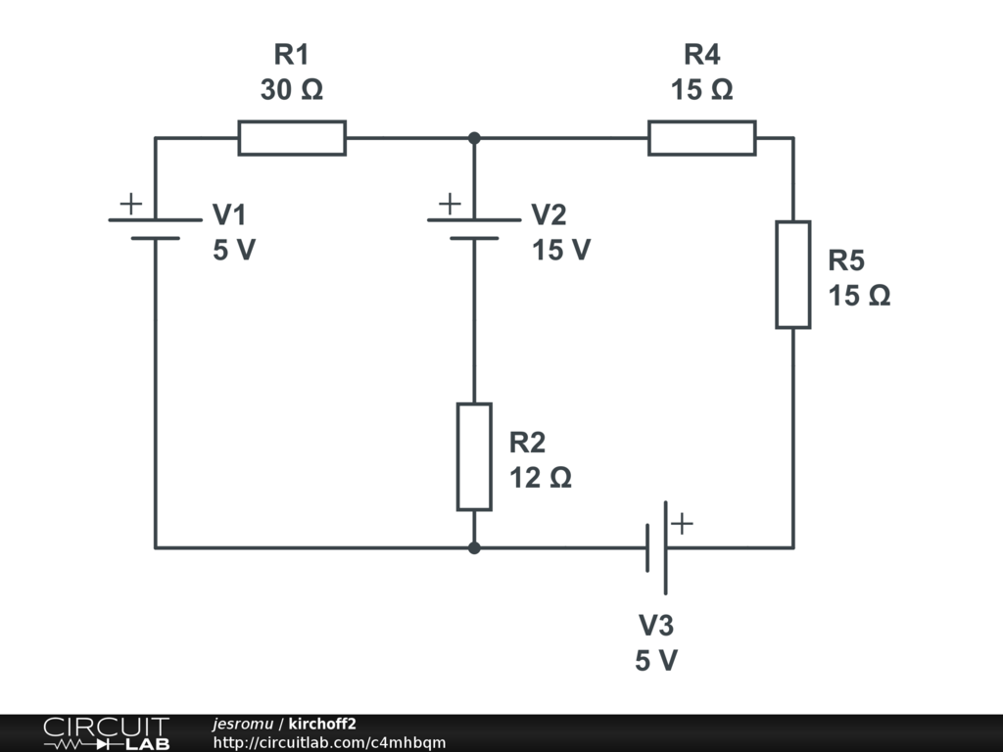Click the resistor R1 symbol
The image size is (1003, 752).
click(x=292, y=138)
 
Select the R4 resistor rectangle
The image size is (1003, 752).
click(x=701, y=138)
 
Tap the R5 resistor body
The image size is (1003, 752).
click(x=793, y=275)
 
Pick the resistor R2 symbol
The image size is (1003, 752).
click(x=474, y=457)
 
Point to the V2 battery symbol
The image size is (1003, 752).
click(x=474, y=229)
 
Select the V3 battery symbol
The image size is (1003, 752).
click(x=656, y=547)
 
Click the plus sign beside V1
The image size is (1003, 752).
click(x=130, y=204)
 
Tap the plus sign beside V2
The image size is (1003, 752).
click(x=450, y=204)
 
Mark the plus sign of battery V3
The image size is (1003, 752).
click(x=682, y=523)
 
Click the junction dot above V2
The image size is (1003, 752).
click(x=474, y=138)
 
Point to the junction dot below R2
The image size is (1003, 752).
click(x=474, y=547)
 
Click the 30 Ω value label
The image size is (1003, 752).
click(x=292, y=90)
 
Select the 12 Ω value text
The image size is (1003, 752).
click(x=540, y=478)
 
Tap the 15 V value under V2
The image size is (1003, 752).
click(x=561, y=251)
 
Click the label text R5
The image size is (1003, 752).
click(x=846, y=260)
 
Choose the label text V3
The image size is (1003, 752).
click(x=656, y=625)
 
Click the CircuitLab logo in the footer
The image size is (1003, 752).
click(x=106, y=733)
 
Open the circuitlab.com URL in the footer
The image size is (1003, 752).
click(x=329, y=743)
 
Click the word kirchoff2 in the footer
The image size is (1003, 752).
click(x=322, y=724)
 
